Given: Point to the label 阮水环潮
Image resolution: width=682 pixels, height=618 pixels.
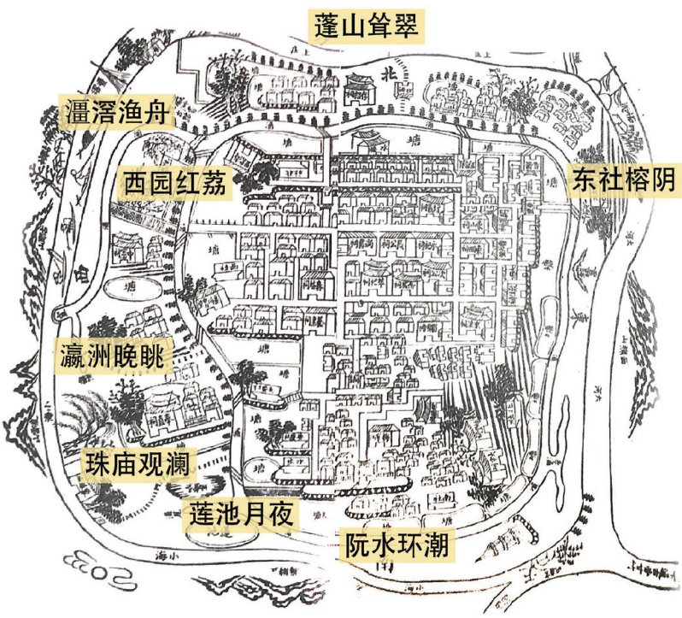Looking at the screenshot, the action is [x=397, y=544].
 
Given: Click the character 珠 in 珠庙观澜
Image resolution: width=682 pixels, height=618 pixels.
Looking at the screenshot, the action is [x=95, y=464].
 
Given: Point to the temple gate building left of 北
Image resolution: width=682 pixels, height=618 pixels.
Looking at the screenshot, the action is [x=356, y=85].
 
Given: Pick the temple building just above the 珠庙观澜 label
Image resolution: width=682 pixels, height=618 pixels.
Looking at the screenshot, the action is [x=171, y=409].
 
